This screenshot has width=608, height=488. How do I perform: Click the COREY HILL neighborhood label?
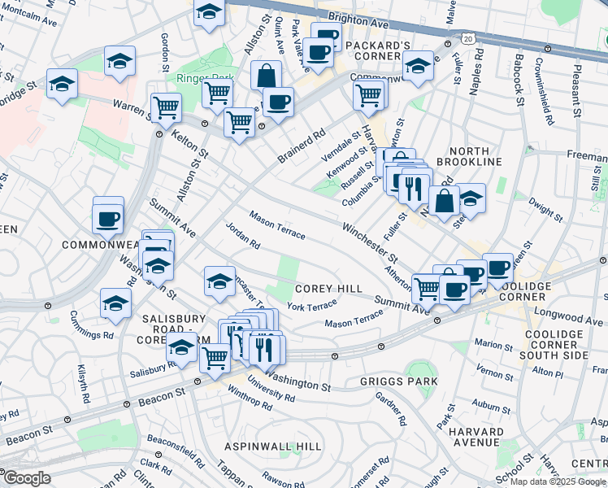328,289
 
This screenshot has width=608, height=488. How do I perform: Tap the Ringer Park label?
200,78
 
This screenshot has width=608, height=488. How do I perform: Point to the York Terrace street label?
311,306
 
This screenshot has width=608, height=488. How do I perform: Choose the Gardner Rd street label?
390,408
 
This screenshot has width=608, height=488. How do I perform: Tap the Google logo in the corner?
26,478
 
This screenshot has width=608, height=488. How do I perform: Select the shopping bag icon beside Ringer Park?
267,76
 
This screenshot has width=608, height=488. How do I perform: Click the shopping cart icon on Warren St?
166,106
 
